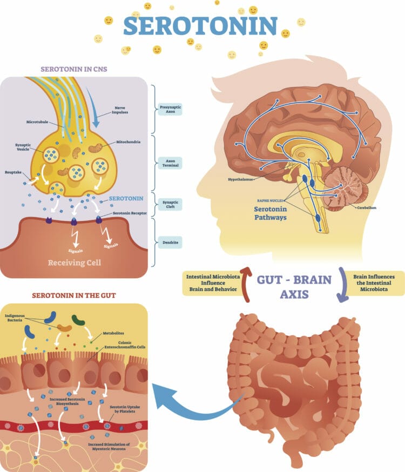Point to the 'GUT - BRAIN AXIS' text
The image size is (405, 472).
click(x=291, y=287)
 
